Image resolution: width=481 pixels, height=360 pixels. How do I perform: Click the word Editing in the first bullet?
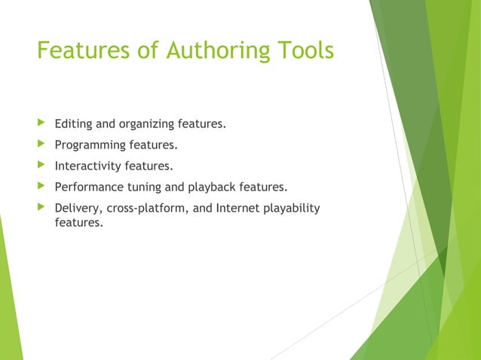click(75, 124)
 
